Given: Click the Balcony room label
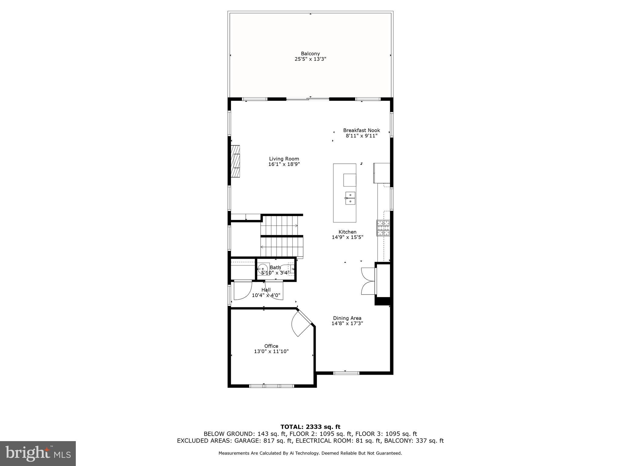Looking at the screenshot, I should pyautogui.click(x=310, y=54).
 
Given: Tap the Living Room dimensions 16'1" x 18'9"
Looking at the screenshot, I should pyautogui.click(x=284, y=164).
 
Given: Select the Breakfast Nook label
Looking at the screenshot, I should pyautogui.click(x=361, y=130).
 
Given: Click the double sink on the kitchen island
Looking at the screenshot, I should pyautogui.click(x=350, y=198).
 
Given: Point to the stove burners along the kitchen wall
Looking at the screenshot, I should pyautogui.click(x=383, y=228).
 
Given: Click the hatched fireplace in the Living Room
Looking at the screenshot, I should pyautogui.click(x=235, y=161).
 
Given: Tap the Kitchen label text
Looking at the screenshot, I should pyautogui.click(x=347, y=232).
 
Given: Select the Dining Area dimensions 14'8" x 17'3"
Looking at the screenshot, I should pyautogui.click(x=347, y=323).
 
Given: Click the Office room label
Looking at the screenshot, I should pyautogui.click(x=271, y=346).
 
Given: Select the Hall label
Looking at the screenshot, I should pyautogui.click(x=266, y=290).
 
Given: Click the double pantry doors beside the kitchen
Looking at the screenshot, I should pyautogui.click(x=368, y=281).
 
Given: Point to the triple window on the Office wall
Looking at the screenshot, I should pyautogui.click(x=271, y=386).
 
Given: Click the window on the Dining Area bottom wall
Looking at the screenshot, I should pyautogui.click(x=346, y=373).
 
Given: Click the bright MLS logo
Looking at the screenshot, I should pyautogui.click(x=38, y=454).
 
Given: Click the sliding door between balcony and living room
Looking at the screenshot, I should pyautogui.click(x=308, y=99).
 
